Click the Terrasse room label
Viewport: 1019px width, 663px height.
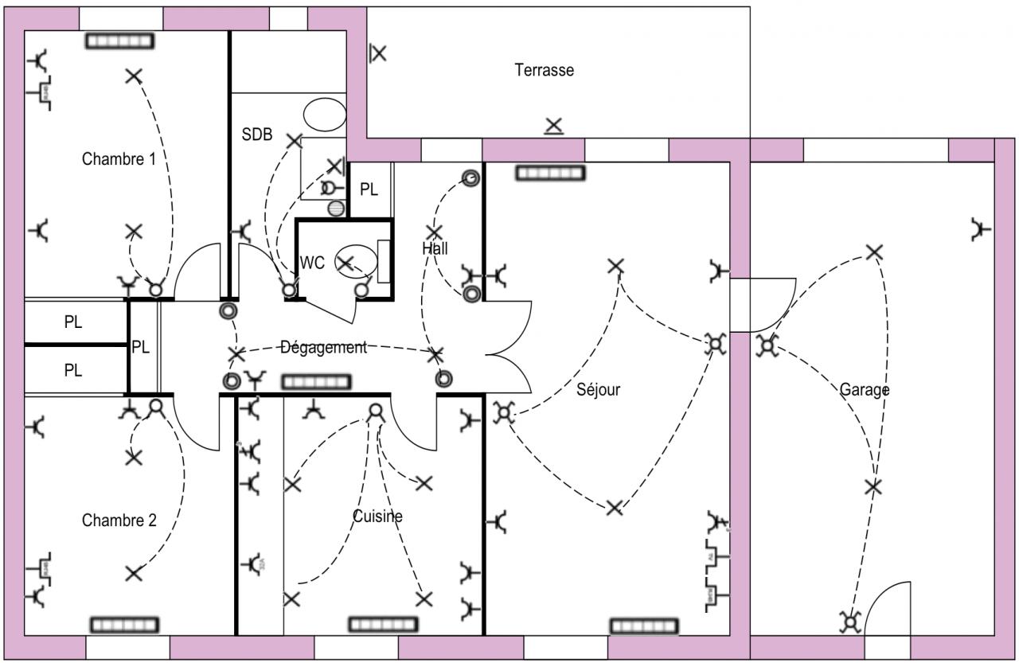click(x=544, y=70)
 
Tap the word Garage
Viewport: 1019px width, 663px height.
click(x=865, y=390)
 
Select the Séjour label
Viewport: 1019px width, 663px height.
click(x=599, y=390)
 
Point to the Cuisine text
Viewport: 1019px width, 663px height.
click(x=377, y=517)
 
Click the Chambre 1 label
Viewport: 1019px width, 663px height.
click(x=119, y=158)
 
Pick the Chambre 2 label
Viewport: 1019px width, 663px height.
click(x=119, y=521)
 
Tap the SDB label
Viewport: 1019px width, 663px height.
click(x=257, y=135)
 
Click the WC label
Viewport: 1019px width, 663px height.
click(x=312, y=263)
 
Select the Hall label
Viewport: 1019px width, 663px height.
click(x=435, y=248)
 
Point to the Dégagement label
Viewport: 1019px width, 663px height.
click(x=323, y=347)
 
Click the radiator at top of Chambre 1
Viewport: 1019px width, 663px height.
click(x=120, y=41)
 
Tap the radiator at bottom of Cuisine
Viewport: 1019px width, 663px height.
click(x=383, y=624)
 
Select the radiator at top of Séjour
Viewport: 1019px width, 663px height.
click(x=550, y=173)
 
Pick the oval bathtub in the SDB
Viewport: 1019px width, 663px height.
click(x=325, y=114)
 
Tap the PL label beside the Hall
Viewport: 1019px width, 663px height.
click(x=369, y=189)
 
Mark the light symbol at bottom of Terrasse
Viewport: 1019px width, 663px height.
click(x=553, y=126)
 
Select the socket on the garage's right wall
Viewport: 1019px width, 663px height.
click(x=982, y=229)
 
